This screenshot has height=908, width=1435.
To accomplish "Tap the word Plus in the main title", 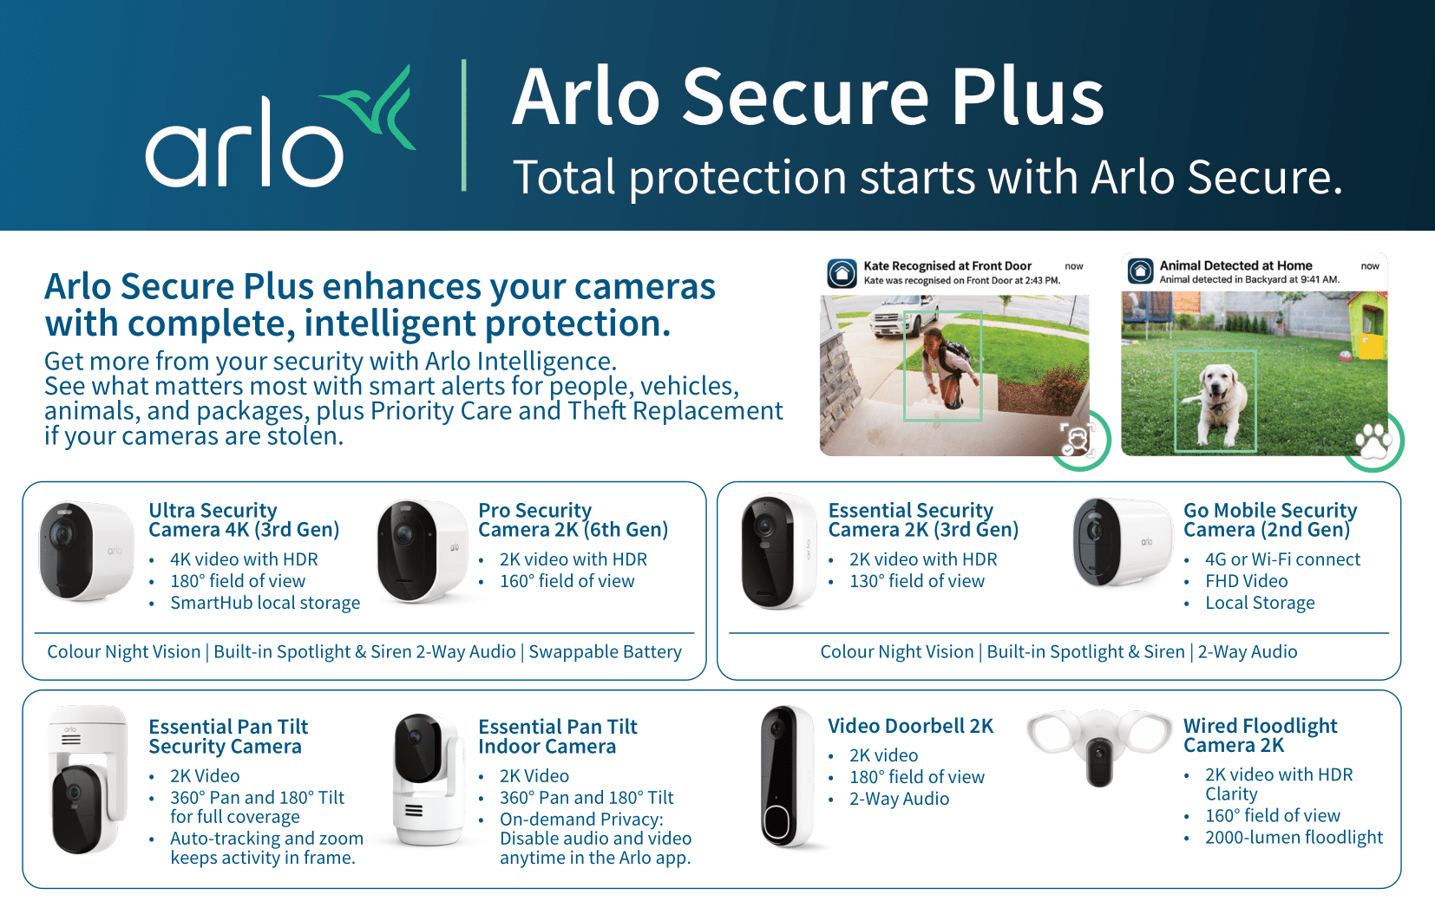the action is point(1027,97).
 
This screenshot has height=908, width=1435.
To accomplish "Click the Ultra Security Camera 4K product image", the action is point(86,551).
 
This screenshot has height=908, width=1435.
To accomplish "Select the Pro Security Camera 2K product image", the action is point(423,552).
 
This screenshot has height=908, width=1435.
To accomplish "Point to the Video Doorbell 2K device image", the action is point(787,776).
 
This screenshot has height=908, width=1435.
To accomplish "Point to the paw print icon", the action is point(1373,441).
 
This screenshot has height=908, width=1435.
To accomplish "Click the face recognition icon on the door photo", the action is point(1076,440).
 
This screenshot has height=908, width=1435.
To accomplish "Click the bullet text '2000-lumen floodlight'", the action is point(1294,837).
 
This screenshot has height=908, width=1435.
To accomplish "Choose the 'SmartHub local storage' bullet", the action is point(265,603).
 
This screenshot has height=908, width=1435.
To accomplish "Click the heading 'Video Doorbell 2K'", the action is point(910,726).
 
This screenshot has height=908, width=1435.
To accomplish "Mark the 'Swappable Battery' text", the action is point(605,652).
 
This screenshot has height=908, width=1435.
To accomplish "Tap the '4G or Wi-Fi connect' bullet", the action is point(1282,559).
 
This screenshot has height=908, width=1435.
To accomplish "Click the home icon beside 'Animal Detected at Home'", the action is point(1140,271).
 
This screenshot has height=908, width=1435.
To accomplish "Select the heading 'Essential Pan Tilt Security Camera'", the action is point(228,736).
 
